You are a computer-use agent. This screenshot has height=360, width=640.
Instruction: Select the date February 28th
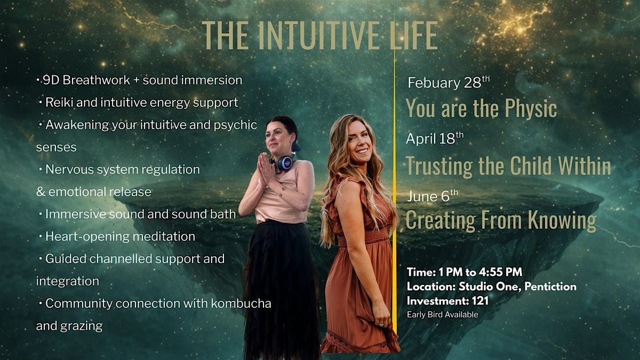(449, 82)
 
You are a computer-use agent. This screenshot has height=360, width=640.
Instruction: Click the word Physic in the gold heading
(531, 108)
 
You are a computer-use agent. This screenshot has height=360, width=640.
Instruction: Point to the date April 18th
(435, 138)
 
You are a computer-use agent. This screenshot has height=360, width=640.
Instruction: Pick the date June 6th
(433, 196)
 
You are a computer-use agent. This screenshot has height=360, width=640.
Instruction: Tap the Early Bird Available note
(443, 315)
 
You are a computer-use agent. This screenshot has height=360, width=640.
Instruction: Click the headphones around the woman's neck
(284, 163)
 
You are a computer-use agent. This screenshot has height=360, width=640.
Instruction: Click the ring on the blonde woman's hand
(381, 325)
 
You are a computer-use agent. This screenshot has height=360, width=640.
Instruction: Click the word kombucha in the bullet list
(241, 303)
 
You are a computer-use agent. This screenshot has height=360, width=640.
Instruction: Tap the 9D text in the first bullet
(51, 80)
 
